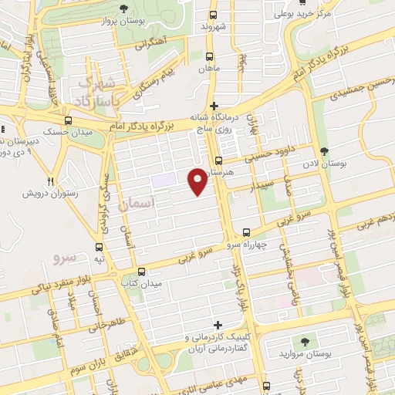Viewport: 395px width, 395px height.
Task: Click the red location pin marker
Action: [x=198, y=181]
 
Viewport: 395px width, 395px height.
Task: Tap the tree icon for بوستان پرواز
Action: [x=123, y=9]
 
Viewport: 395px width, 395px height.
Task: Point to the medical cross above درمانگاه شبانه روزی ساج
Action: [x=214, y=106]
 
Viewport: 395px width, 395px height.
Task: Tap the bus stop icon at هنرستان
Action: [x=218, y=161]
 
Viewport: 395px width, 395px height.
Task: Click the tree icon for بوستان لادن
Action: [x=322, y=150]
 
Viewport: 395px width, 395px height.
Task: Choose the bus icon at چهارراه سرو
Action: [x=246, y=232]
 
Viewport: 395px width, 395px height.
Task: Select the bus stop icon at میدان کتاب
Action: [x=141, y=272]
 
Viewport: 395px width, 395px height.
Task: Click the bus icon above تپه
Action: [x=99, y=248]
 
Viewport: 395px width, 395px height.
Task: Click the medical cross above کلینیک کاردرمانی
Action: [x=218, y=324]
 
